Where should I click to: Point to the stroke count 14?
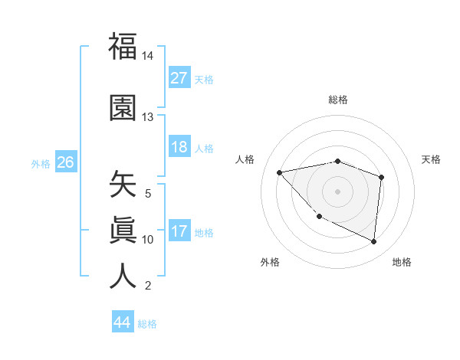click(x=147, y=57)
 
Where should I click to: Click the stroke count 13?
click(x=147, y=117)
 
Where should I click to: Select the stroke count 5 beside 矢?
click(x=147, y=194)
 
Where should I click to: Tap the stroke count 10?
click(x=147, y=240)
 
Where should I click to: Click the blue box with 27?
click(x=179, y=78)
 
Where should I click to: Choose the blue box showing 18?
click(x=179, y=147)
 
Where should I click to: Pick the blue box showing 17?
click(x=179, y=231)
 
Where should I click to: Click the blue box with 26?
click(x=65, y=162)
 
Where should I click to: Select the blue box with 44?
click(x=122, y=322)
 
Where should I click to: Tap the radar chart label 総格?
click(x=337, y=100)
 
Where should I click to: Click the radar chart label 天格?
click(x=432, y=159)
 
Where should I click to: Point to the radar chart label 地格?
click(x=402, y=262)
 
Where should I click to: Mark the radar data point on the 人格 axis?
click(x=280, y=172)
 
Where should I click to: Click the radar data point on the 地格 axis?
click(x=374, y=241)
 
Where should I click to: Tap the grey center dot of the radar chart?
click(x=337, y=191)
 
